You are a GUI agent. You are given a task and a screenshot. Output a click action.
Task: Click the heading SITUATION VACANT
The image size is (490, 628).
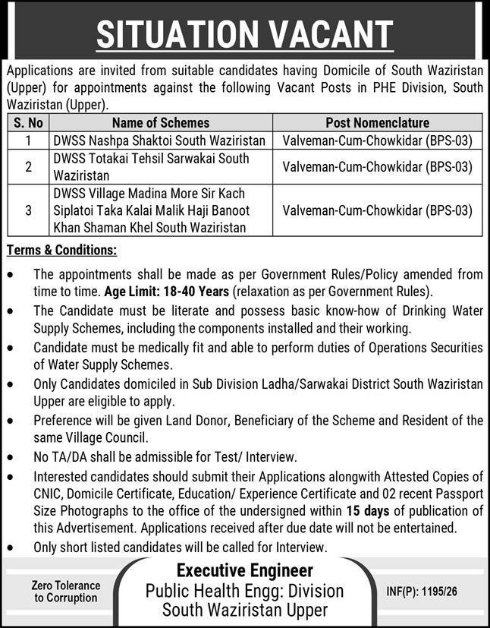(x=244, y=33)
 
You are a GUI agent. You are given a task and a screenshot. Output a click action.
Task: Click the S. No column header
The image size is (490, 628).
(x=28, y=122)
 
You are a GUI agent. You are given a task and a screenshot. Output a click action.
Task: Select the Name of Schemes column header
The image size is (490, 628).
(x=161, y=122)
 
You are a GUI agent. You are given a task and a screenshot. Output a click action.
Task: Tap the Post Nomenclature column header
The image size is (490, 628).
(x=377, y=122)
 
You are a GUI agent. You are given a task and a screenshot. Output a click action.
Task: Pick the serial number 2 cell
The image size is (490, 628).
(x=28, y=166)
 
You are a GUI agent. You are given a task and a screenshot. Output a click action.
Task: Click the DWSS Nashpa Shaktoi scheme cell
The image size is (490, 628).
(x=159, y=140)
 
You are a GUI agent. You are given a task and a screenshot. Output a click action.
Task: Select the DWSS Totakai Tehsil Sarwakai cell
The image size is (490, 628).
(x=151, y=166)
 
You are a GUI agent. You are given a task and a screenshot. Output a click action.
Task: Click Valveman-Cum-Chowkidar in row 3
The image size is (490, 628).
(x=377, y=210)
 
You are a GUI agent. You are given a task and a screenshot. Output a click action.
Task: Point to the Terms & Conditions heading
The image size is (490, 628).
(x=61, y=250)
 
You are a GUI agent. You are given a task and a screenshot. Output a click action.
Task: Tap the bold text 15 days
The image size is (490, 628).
(x=368, y=511)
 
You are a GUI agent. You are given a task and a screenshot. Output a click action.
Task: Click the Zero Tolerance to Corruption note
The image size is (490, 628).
(x=66, y=592)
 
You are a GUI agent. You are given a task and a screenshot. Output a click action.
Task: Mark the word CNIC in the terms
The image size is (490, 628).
(x=49, y=494)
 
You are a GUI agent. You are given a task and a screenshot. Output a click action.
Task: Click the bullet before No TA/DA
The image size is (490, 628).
(x=10, y=457)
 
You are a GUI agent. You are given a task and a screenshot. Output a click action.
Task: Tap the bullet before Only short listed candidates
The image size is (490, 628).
(x=10, y=547)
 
